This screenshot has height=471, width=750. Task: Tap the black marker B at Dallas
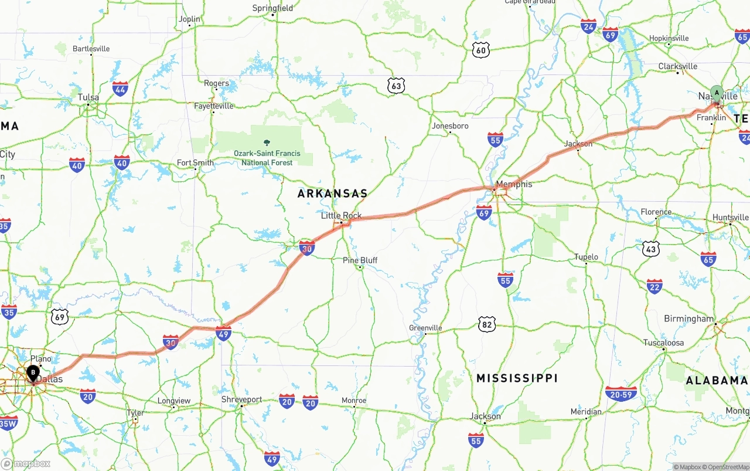coord(33,372)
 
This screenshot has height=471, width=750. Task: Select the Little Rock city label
coord(341,216)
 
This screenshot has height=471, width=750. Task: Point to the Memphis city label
coord(514,184)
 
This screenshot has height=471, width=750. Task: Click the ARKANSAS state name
coord(332,194)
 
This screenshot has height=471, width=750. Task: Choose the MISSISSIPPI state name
coord(517,378)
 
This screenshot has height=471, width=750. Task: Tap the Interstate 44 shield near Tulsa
coord(121,89)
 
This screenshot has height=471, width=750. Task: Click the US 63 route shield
coord(397,87)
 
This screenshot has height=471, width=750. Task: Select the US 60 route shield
coord(481,50)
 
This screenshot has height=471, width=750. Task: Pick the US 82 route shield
coord(486,324)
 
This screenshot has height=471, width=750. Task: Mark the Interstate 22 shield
coord(654,286)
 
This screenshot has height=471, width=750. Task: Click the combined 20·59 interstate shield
coord(621,393)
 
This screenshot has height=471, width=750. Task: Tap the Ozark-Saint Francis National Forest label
coord(267,157)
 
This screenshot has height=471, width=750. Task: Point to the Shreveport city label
coord(242,399)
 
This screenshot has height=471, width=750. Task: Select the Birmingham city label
coord(688,319)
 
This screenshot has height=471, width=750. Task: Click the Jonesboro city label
coord(450,126)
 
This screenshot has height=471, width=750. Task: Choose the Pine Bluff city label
coord(360,260)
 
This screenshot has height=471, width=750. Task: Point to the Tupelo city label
coord(586,257)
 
